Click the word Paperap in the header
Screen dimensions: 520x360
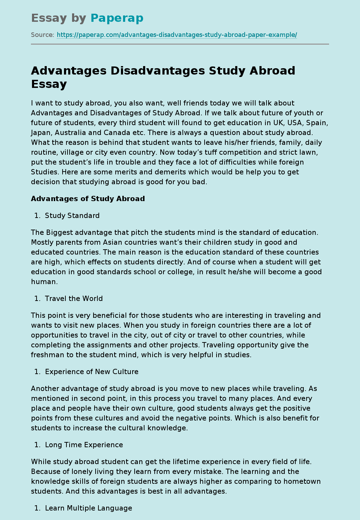pos(117,18)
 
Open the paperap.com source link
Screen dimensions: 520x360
pos(177,35)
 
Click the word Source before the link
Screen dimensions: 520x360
pos(42,35)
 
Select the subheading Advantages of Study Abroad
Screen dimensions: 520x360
pos(88,199)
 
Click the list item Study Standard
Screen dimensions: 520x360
pos(72,216)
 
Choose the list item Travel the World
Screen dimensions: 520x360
pos(74,298)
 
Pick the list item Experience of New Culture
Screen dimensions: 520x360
pos(92,372)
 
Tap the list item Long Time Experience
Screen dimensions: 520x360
pos(84,445)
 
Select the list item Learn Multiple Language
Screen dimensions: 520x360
pos(89,508)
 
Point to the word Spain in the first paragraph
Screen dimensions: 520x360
pos(317,123)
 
